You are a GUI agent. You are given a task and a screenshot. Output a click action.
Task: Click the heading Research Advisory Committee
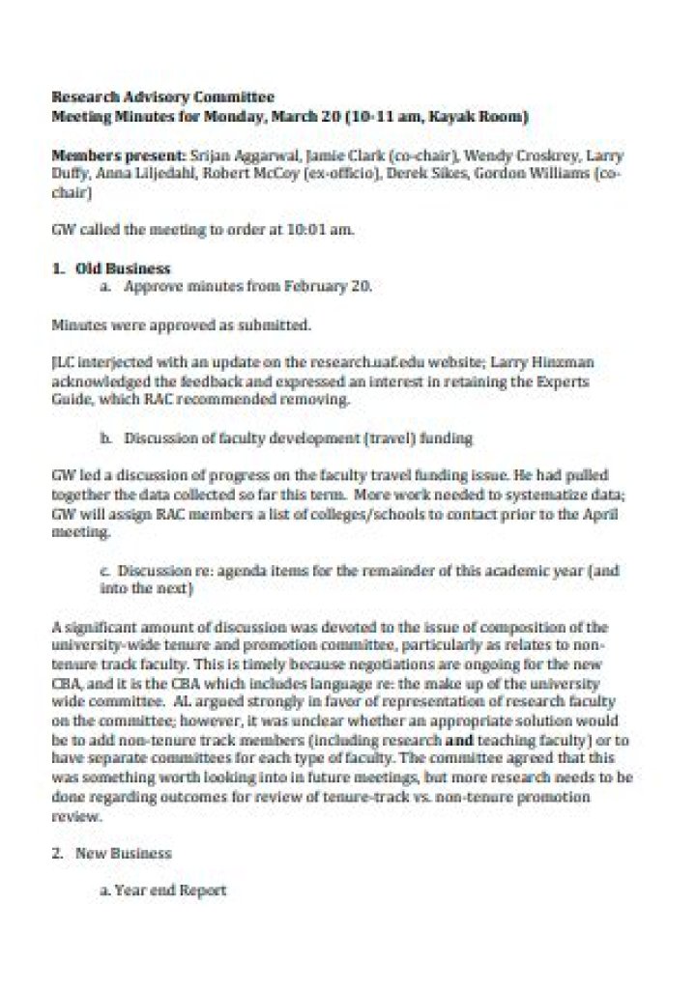click(161, 97)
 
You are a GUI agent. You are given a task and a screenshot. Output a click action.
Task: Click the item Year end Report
click(170, 890)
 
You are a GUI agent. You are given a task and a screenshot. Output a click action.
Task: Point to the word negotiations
click(359, 664)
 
